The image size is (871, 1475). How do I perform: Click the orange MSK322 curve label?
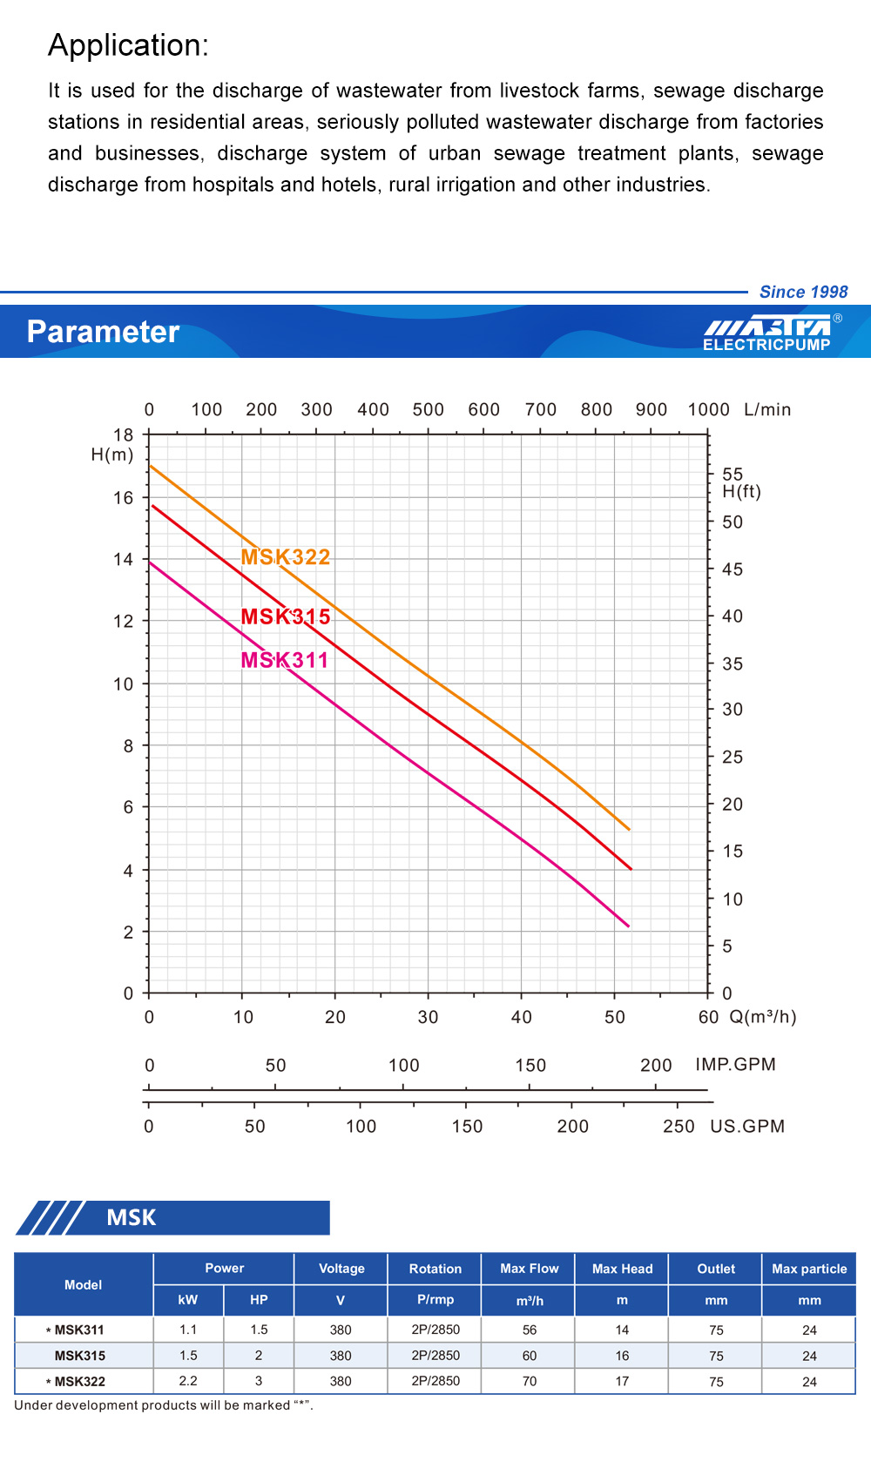click(x=286, y=557)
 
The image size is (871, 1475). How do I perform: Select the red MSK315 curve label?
click(x=286, y=616)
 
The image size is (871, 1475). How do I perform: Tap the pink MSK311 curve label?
click(x=285, y=660)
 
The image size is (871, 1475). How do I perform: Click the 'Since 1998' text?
click(x=803, y=292)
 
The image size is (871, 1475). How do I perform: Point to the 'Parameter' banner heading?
click(x=103, y=332)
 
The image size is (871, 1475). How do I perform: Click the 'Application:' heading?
click(x=128, y=45)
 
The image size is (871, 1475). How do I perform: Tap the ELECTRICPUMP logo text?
click(x=766, y=345)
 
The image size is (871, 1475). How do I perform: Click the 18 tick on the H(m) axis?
click(x=124, y=434)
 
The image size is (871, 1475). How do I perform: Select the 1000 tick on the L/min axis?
click(x=708, y=409)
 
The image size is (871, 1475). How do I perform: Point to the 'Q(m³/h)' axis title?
click(x=763, y=1017)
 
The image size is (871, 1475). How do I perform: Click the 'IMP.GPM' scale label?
click(x=735, y=1064)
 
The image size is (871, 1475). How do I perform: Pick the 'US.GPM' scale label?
click(x=747, y=1126)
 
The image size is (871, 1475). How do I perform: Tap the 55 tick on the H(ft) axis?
click(x=733, y=475)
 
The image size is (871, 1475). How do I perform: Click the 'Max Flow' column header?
click(x=530, y=1269)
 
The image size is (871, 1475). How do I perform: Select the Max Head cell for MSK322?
click(x=622, y=1381)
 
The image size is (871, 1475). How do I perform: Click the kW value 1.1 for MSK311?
click(x=188, y=1330)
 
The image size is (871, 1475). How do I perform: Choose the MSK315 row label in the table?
click(x=80, y=1356)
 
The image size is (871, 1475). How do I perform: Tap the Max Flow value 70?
click(x=530, y=1381)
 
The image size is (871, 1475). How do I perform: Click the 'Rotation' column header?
click(x=435, y=1269)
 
